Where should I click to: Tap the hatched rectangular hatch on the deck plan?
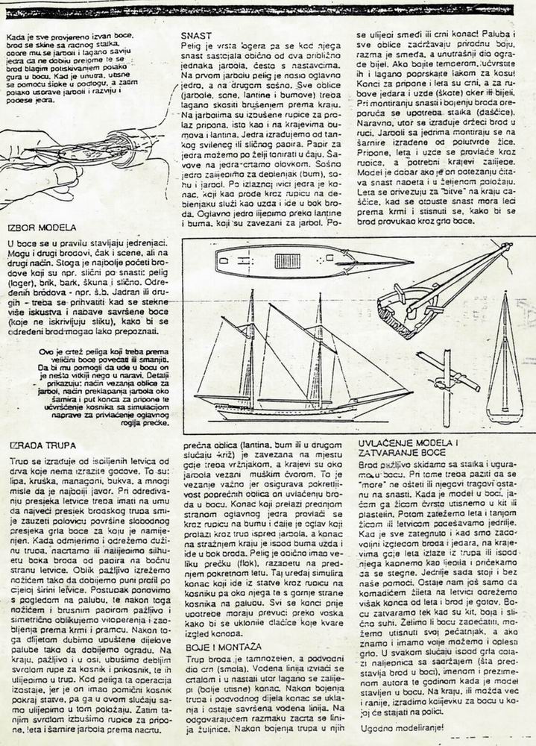tap(287, 261)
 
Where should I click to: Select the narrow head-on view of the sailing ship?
tap(505, 358)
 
